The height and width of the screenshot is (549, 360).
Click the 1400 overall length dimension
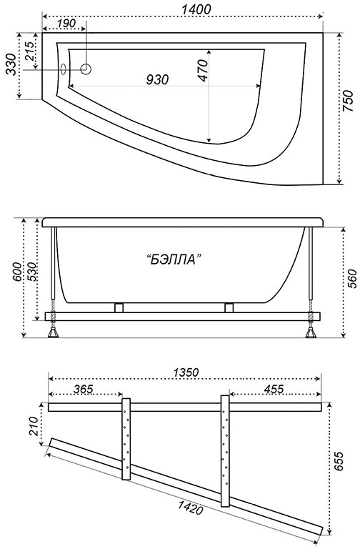(196, 9)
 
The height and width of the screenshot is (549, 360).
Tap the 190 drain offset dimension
(66, 24)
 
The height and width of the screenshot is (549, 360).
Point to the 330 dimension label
(11, 64)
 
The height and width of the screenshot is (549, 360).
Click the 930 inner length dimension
(157, 79)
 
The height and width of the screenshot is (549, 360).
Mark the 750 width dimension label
(347, 102)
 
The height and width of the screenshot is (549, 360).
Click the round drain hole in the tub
(86, 69)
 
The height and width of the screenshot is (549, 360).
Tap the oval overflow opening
(64, 69)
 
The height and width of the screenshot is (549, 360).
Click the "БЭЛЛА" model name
(174, 259)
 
